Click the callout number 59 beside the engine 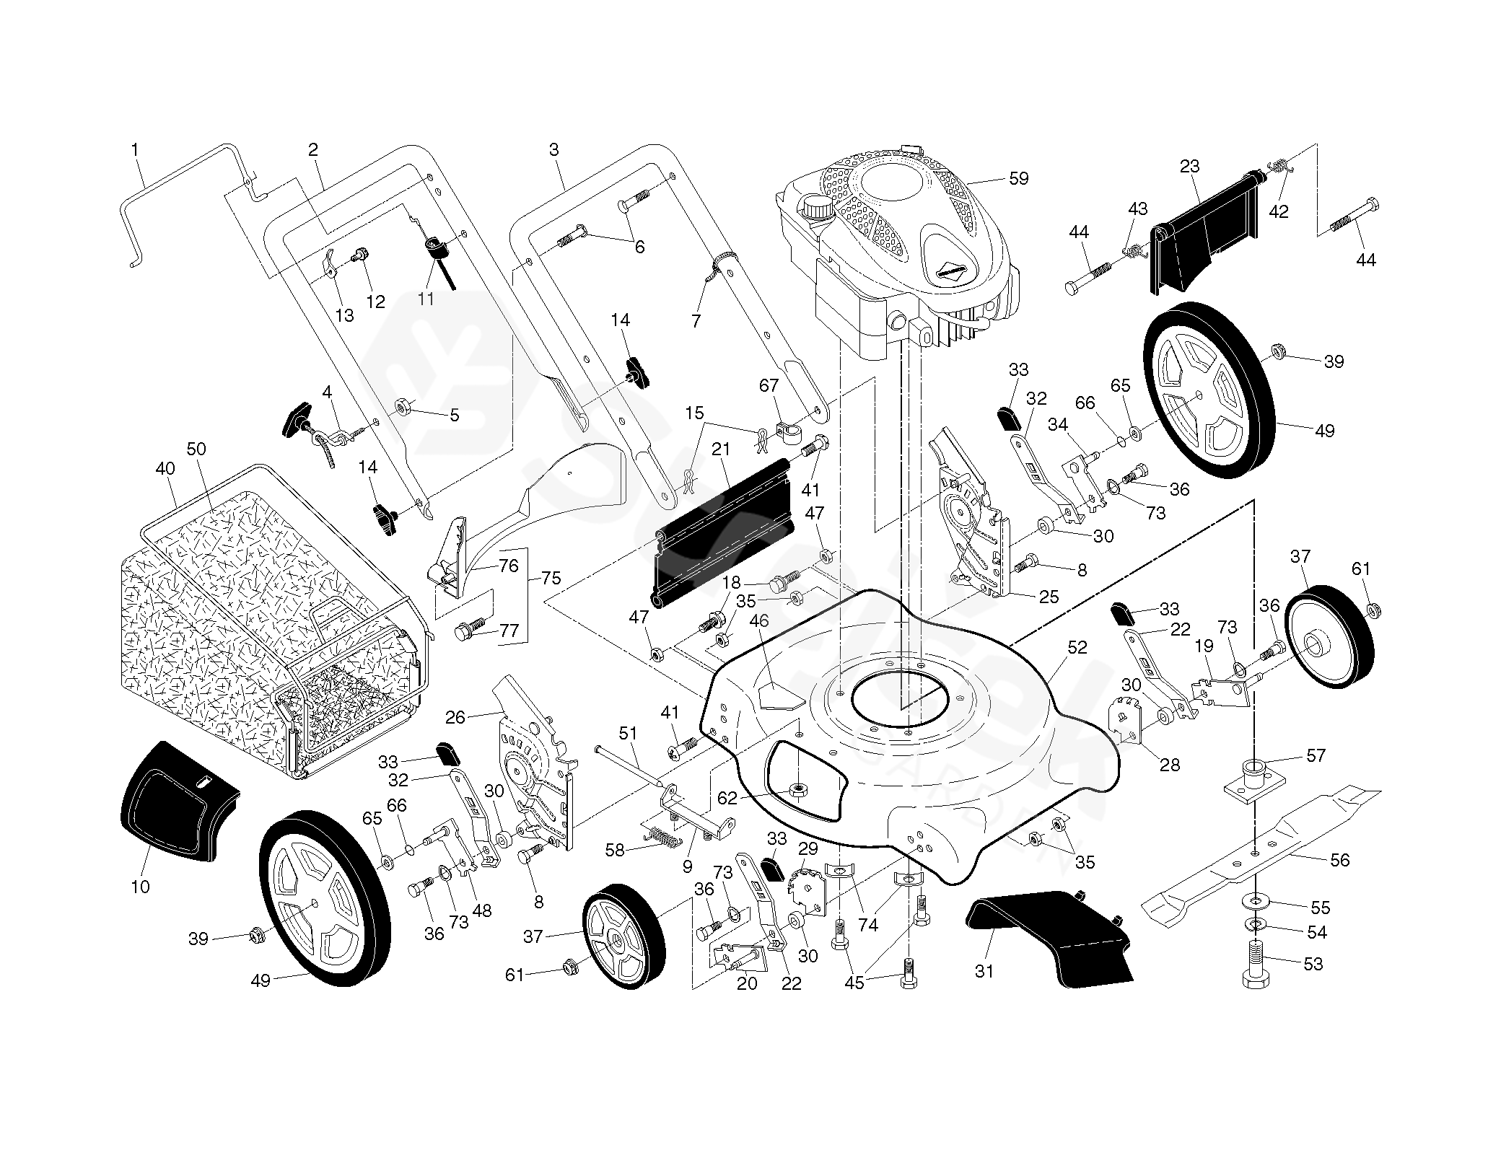[x=1018, y=177]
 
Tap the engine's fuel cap [x=818, y=210]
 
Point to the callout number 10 [x=140, y=887]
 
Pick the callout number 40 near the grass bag [x=165, y=468]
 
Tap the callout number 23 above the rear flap [x=1189, y=167]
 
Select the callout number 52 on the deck [x=1077, y=647]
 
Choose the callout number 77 [x=509, y=631]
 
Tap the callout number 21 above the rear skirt [x=720, y=449]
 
